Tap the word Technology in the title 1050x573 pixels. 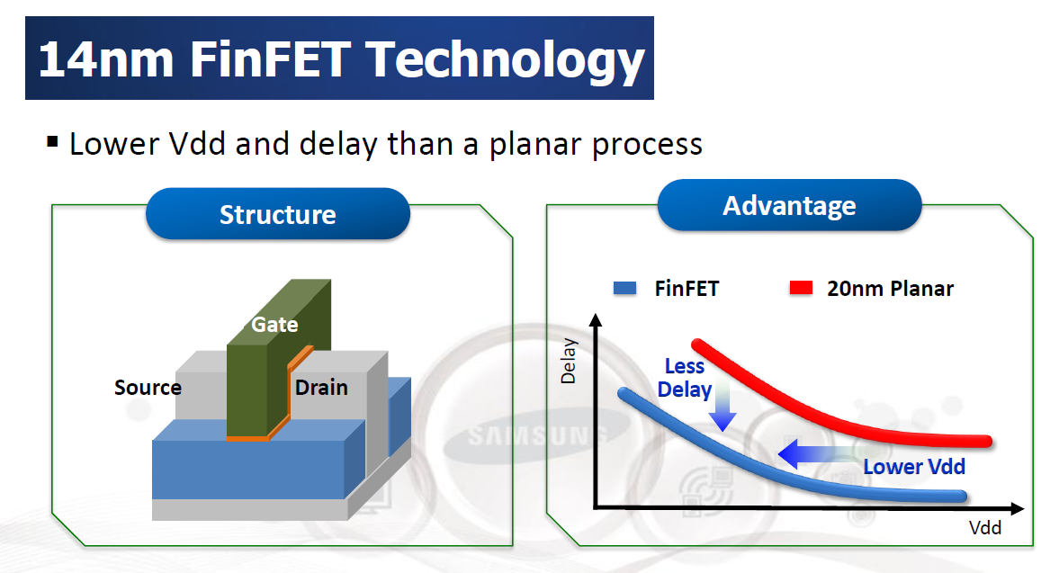pyautogui.click(x=507, y=60)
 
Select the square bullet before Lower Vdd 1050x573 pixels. pyautogui.click(x=52, y=142)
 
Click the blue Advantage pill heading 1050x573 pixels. pyautogui.click(x=789, y=206)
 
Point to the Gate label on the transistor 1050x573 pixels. pyautogui.click(x=274, y=324)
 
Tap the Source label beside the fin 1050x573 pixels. pyautogui.click(x=148, y=388)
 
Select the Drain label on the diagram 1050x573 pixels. pyautogui.click(x=321, y=388)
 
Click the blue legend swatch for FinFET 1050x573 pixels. pyautogui.click(x=624, y=289)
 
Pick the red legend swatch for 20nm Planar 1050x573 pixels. pyautogui.click(x=801, y=289)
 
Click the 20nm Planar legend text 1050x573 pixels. pyautogui.click(x=890, y=289)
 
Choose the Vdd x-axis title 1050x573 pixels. pyautogui.click(x=985, y=528)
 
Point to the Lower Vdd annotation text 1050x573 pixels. pyautogui.click(x=914, y=467)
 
